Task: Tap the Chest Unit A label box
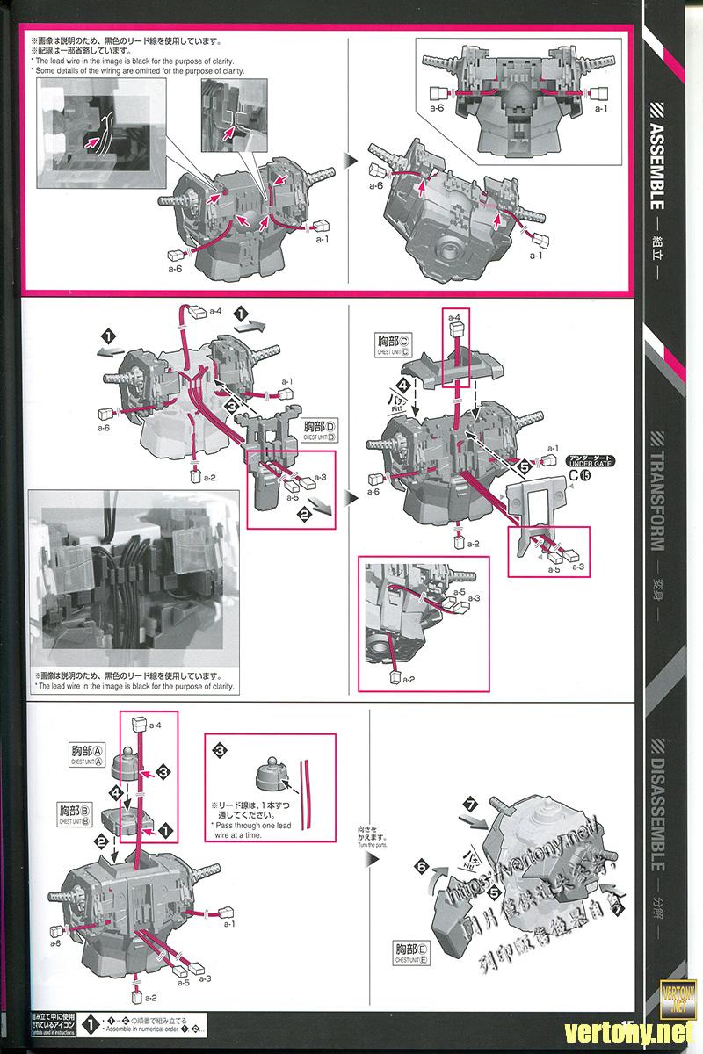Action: tap(87, 754)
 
